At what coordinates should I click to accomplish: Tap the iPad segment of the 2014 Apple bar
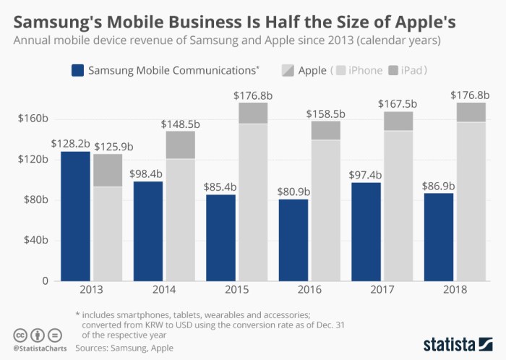pos(180,145)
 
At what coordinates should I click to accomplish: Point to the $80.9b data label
pos(293,191)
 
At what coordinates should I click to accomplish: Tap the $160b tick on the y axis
pos(32,119)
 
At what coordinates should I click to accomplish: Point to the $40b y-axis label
pos(34,240)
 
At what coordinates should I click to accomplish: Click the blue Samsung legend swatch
pos(76,70)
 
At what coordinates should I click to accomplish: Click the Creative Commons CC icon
pos(19,335)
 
